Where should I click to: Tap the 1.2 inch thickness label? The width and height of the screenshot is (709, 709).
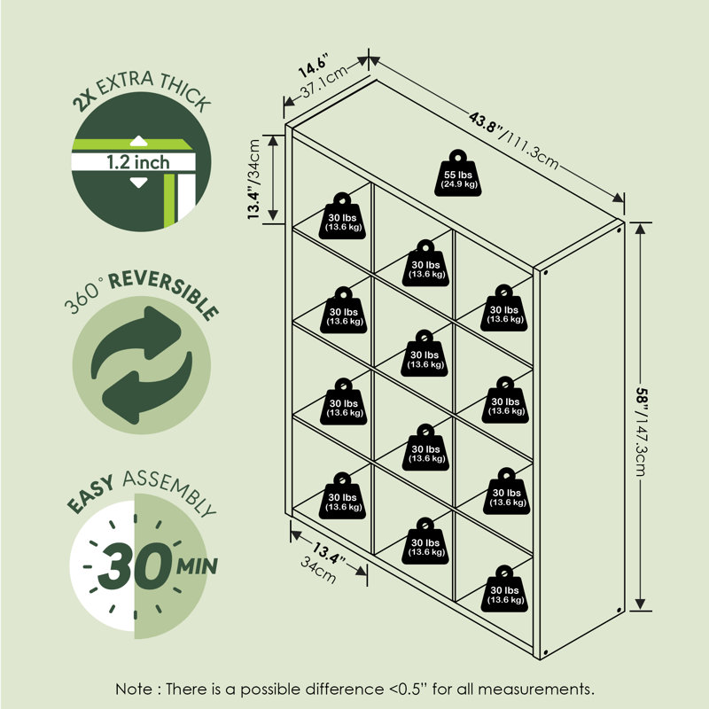tap(138, 162)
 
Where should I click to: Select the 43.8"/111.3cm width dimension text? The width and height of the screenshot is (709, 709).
tap(514, 141)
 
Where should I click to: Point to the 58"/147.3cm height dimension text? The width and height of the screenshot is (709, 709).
tap(642, 431)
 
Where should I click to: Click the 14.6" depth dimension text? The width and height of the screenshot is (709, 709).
tap(313, 65)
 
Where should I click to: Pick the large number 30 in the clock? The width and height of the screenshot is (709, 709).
tap(136, 565)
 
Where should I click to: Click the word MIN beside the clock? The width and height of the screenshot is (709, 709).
tap(197, 566)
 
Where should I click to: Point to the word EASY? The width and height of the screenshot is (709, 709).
tap(90, 495)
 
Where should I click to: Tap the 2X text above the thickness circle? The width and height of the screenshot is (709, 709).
tap(84, 100)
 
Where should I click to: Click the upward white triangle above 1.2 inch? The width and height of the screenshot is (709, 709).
tap(138, 141)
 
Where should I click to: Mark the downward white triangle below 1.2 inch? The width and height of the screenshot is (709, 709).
tap(138, 183)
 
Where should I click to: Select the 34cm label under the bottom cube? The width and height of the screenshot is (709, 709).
tap(318, 570)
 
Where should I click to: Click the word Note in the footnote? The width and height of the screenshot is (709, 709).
tap(134, 690)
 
